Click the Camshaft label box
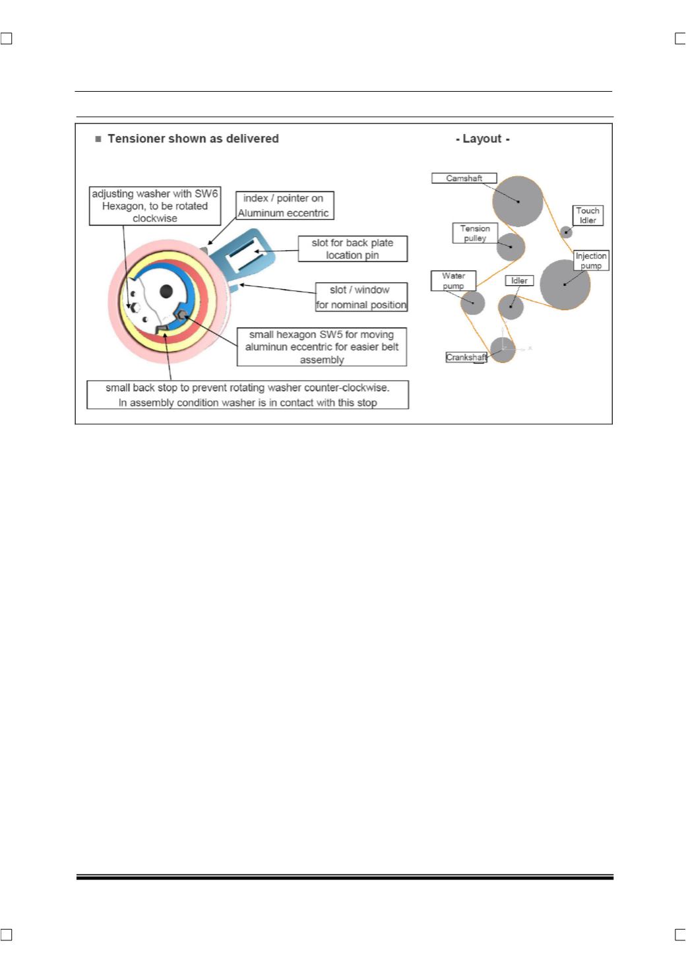coord(464,178)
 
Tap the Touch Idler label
coord(588,216)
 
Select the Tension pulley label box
coord(475,233)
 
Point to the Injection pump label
coord(591,261)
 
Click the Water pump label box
coord(453,280)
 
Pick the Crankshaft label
coord(466,357)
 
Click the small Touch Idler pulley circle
coord(566,232)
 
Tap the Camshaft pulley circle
coord(518,201)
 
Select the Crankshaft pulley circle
coord(503,350)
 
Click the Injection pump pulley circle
coord(565,284)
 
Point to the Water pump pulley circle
coord(473,302)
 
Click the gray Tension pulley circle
coord(511,247)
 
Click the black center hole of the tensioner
coord(166,291)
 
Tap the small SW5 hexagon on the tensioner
coord(183,314)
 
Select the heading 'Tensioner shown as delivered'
coord(193,139)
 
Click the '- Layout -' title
coord(483,139)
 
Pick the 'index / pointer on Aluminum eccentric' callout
coord(285,205)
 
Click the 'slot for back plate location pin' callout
coord(352,249)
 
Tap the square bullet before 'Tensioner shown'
coord(98,139)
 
